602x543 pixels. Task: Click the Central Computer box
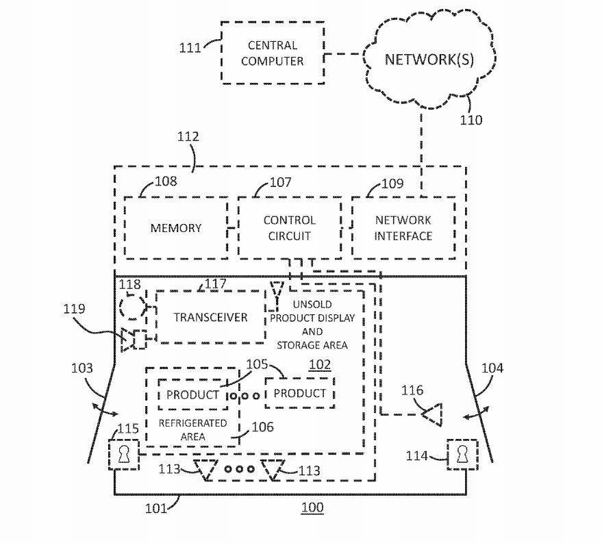pyautogui.click(x=271, y=53)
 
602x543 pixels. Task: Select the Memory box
pyautogui.click(x=176, y=228)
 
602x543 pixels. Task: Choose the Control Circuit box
pyautogui.click(x=289, y=228)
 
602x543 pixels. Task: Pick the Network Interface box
pyautogui.click(x=403, y=228)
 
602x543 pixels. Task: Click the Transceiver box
pyautogui.click(x=210, y=317)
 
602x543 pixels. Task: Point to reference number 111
pyautogui.click(x=190, y=48)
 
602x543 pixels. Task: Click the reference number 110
pyautogui.click(x=471, y=120)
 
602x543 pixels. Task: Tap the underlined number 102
pyautogui.click(x=319, y=365)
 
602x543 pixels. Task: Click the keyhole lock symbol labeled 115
pyautogui.click(x=124, y=454)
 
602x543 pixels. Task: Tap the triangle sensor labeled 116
pyautogui.click(x=432, y=414)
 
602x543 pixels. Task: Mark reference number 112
pyautogui.click(x=188, y=137)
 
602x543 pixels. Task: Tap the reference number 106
pyautogui.click(x=262, y=427)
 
